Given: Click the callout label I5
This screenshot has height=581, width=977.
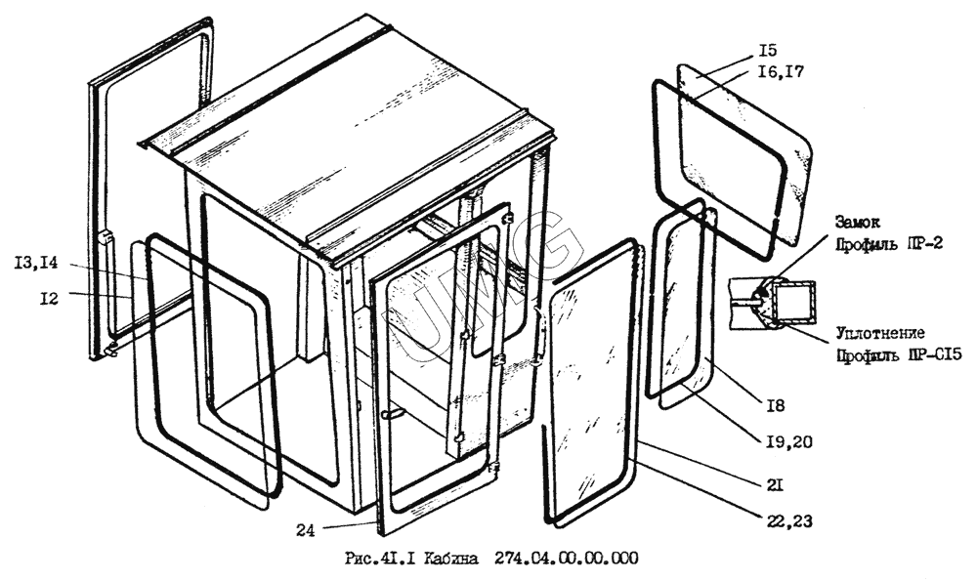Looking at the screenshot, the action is pos(768,51).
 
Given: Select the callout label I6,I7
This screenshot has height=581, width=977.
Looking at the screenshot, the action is pos(781,72).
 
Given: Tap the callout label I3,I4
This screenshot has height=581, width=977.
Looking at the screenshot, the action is pos(36,264).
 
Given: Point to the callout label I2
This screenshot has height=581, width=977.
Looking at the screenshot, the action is pos(49,299).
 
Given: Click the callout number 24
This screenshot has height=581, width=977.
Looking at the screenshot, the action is pos(305,530).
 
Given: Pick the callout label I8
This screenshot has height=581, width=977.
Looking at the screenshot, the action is pos(775,406).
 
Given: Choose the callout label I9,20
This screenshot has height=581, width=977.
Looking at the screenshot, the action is pos(789,442).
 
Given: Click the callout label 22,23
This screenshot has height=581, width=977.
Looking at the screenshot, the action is pos(789,520).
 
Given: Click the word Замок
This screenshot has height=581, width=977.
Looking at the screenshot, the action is pos(858,223).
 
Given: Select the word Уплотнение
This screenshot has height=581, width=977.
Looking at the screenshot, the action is pos(880,334).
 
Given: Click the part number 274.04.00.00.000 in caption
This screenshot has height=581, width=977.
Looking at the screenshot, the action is pos(566,558).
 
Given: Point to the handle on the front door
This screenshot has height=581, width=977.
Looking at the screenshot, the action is pos(394,413).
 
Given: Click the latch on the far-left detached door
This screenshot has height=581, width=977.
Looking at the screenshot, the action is pos(106,237).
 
